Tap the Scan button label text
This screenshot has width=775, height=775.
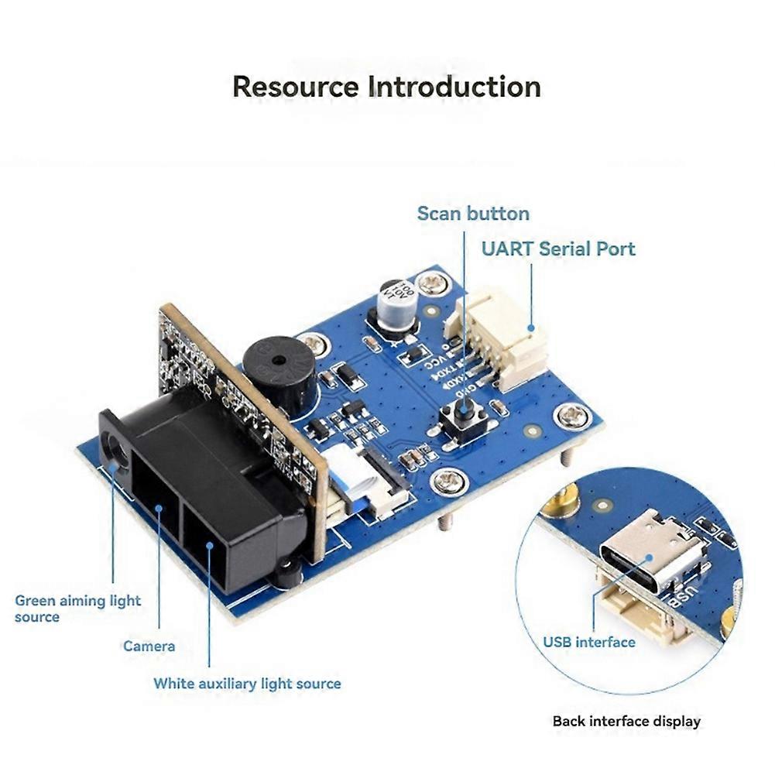(473, 214)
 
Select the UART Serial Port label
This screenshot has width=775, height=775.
(557, 249)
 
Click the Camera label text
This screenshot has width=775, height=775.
(149, 646)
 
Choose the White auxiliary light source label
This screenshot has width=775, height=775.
(247, 684)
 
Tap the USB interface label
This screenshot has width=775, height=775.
(588, 642)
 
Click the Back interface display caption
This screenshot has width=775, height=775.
(626, 722)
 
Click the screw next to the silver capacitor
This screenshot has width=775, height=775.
(430, 282)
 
